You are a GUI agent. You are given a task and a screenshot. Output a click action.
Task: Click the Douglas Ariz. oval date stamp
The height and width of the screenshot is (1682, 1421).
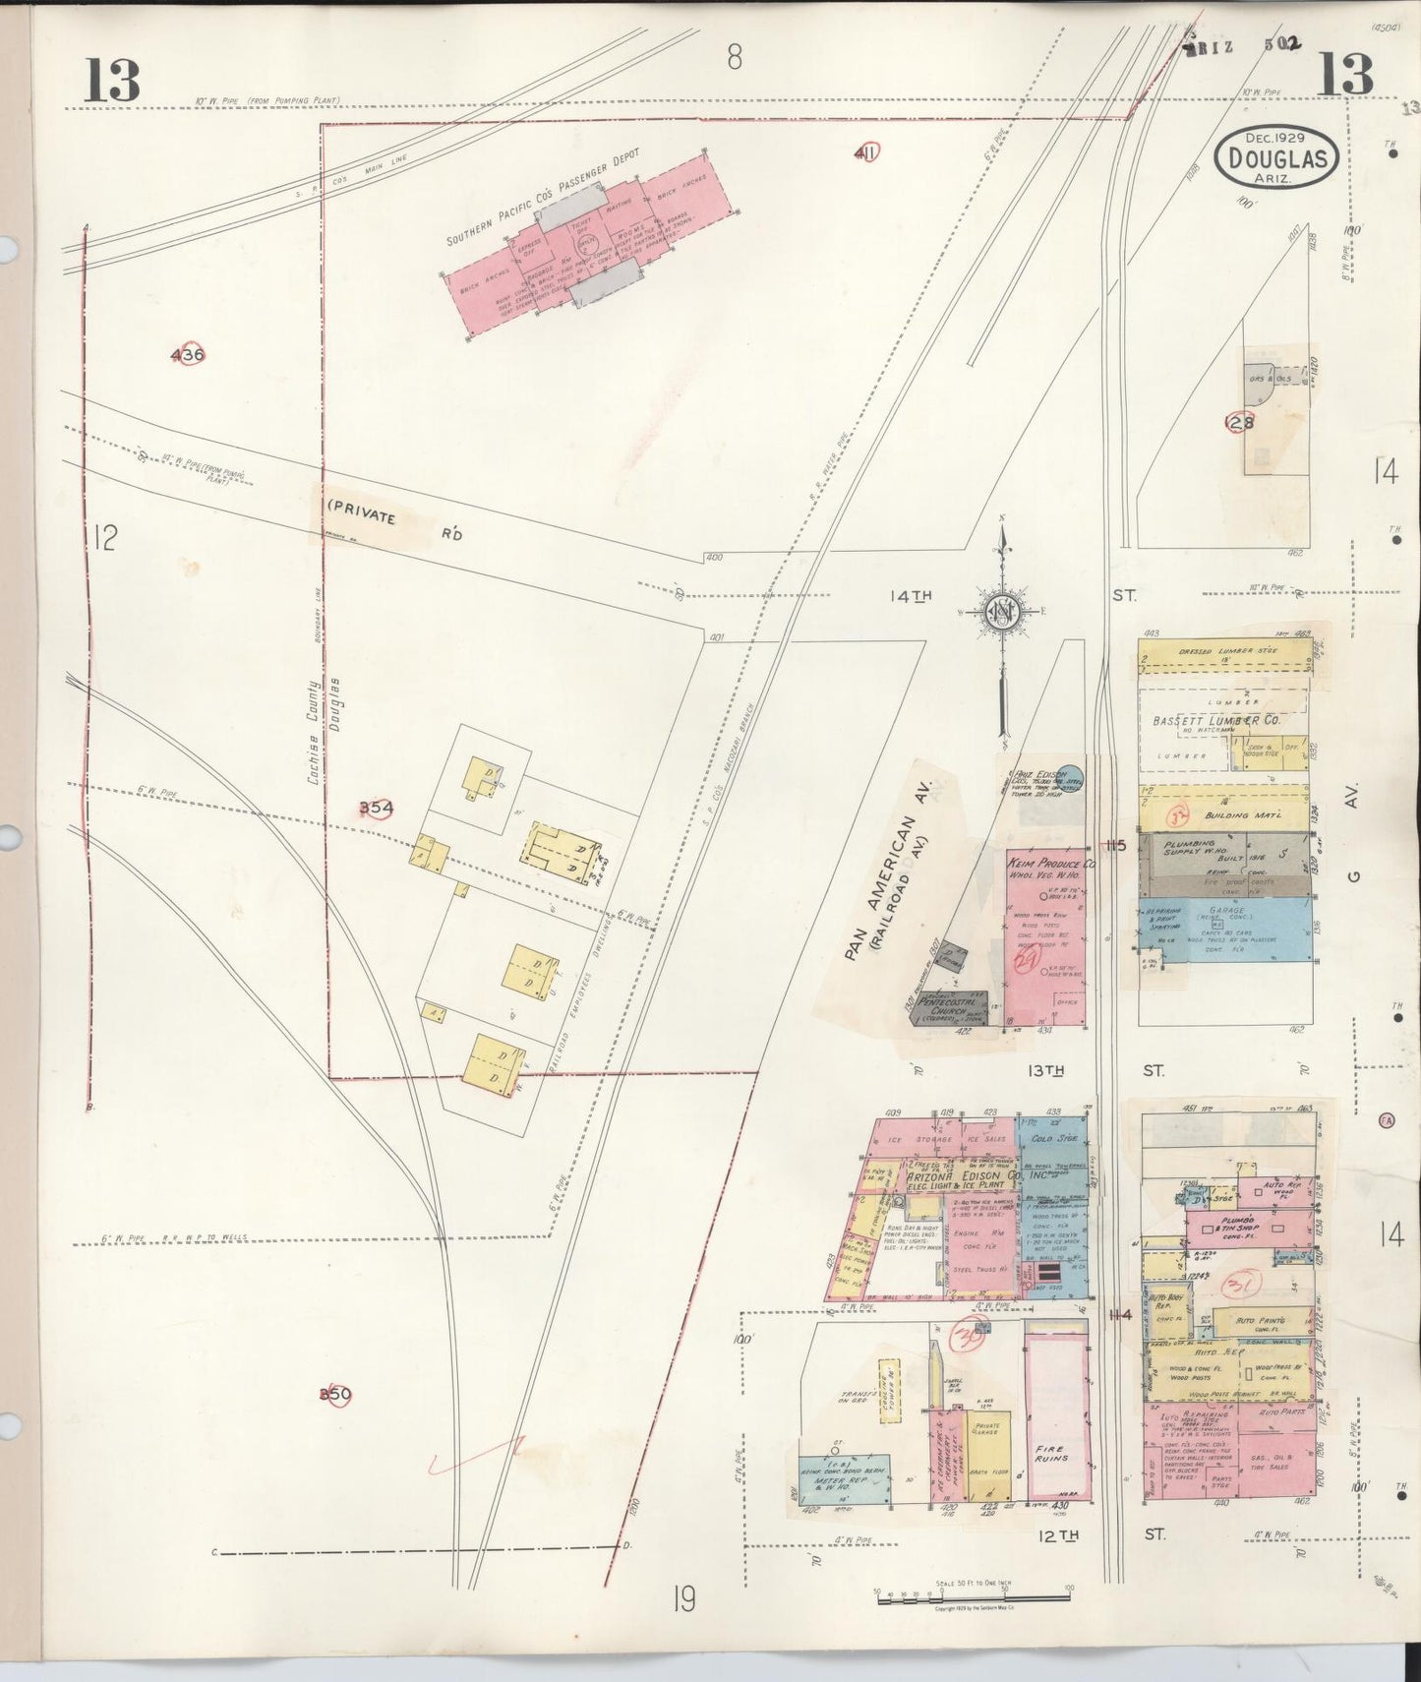[x=1276, y=158]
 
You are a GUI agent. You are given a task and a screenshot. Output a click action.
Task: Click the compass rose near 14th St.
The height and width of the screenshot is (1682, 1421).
[x=1002, y=612]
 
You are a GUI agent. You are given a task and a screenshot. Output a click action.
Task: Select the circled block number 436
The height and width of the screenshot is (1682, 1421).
[x=187, y=355]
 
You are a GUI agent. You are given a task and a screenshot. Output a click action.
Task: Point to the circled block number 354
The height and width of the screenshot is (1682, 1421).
[x=376, y=809]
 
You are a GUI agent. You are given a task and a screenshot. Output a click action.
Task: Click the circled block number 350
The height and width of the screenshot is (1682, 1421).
[x=334, y=1394]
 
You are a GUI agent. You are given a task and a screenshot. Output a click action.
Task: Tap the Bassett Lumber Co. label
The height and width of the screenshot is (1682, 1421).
[x=1215, y=720]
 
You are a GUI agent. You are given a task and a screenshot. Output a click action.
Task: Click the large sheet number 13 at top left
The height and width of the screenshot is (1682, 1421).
[x=111, y=80]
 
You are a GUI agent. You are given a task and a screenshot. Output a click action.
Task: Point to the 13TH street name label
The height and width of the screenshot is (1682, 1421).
[x=1046, y=1070]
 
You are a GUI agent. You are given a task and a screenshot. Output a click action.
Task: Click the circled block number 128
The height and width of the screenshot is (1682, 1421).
[x=1239, y=422]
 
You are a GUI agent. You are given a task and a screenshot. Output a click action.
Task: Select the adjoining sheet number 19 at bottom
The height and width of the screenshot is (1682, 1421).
[x=684, y=1600]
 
